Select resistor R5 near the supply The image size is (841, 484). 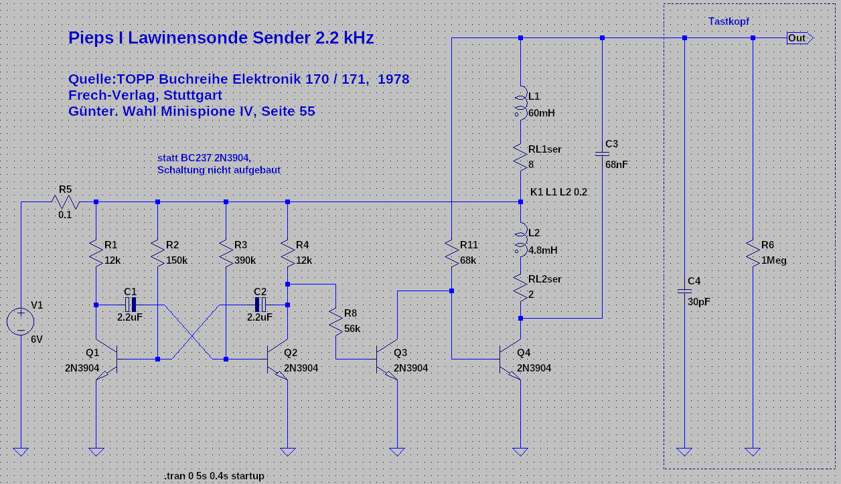pyautogui.click(x=65, y=201)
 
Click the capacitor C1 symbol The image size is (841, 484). pyautogui.click(x=131, y=305)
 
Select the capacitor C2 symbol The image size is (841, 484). pyautogui.click(x=260, y=305)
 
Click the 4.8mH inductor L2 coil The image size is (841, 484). pyautogui.click(x=520, y=239)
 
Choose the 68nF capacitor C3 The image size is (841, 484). pyautogui.click(x=601, y=155)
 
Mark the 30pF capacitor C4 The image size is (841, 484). pyautogui.click(x=684, y=292)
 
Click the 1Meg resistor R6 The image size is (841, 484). pyautogui.click(x=753, y=252)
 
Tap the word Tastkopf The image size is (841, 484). pyautogui.click(x=729, y=21)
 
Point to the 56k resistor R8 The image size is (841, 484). pyautogui.click(x=335, y=322)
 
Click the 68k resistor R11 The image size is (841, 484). pyautogui.click(x=451, y=252)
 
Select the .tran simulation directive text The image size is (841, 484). pyautogui.click(x=214, y=475)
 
